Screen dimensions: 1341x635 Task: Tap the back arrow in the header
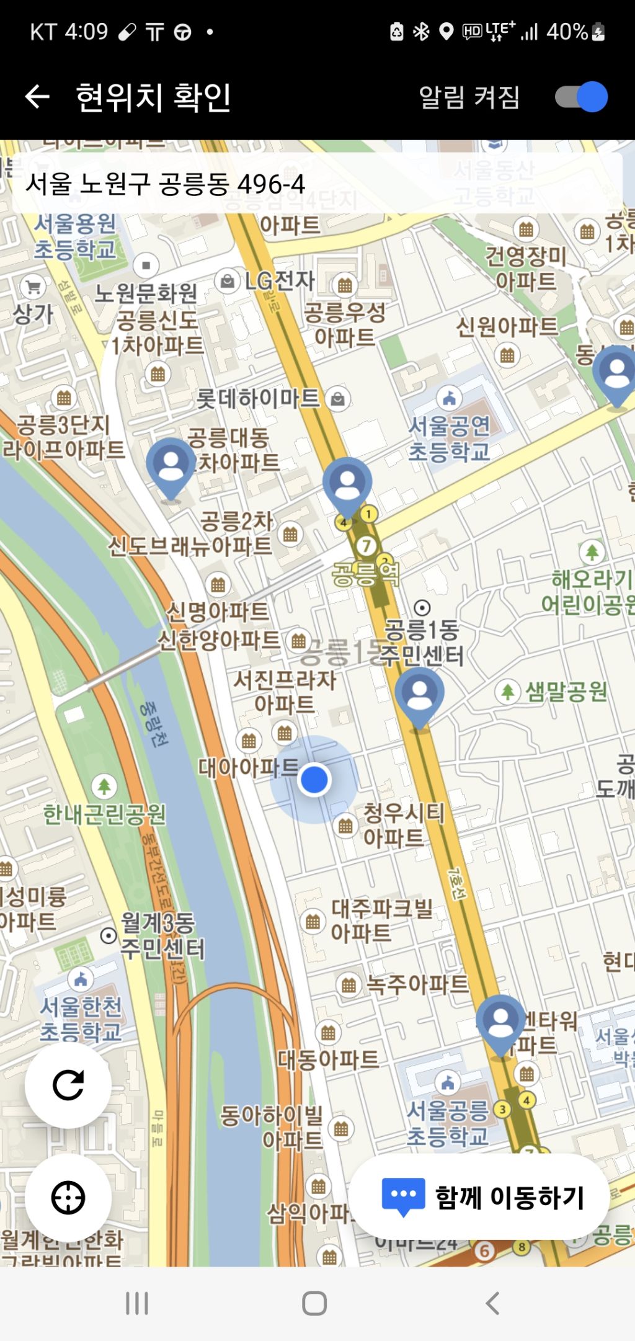pyautogui.click(x=37, y=97)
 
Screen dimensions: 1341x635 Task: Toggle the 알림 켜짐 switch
pyautogui.click(x=582, y=97)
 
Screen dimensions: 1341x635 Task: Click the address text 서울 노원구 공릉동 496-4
pyautogui.click(x=166, y=184)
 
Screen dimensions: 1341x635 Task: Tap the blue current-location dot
pyautogui.click(x=314, y=780)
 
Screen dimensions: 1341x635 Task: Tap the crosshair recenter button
pyautogui.click(x=68, y=1197)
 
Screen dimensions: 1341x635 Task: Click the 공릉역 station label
pyautogui.click(x=365, y=574)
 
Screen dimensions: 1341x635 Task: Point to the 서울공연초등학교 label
pyautogui.click(x=449, y=438)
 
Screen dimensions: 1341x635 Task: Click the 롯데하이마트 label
pyautogui.click(x=258, y=398)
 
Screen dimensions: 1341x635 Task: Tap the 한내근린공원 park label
pyautogui.click(x=104, y=814)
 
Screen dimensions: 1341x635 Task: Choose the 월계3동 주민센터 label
pyautogui.click(x=161, y=936)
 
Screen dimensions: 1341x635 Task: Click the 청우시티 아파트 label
pyautogui.click(x=403, y=825)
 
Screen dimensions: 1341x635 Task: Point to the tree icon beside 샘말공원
pyautogui.click(x=507, y=691)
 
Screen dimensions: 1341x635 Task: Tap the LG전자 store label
pyautogui.click(x=279, y=281)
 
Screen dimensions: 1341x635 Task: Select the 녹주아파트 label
pyautogui.click(x=417, y=984)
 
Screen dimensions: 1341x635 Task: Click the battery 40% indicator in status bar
pyautogui.click(x=574, y=32)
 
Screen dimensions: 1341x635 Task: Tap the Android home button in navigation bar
pyautogui.click(x=314, y=1303)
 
